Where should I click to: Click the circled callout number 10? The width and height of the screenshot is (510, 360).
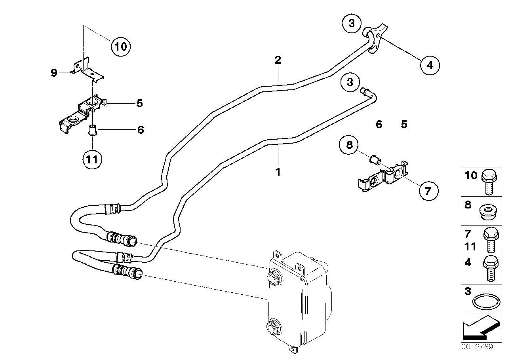(x=120, y=47)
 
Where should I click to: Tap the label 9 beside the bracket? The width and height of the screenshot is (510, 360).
(x=54, y=73)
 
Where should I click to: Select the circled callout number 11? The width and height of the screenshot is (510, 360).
(x=92, y=159)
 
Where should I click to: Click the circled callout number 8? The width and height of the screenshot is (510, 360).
(x=349, y=145)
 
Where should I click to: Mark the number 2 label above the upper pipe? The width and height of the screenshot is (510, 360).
(x=278, y=61)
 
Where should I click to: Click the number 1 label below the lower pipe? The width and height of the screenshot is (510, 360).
(x=278, y=172)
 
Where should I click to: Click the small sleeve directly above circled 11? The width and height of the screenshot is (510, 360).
(x=92, y=130)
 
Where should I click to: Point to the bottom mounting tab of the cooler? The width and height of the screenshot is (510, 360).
(x=293, y=349)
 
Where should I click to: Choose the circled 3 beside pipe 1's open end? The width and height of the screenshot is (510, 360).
(x=350, y=82)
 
